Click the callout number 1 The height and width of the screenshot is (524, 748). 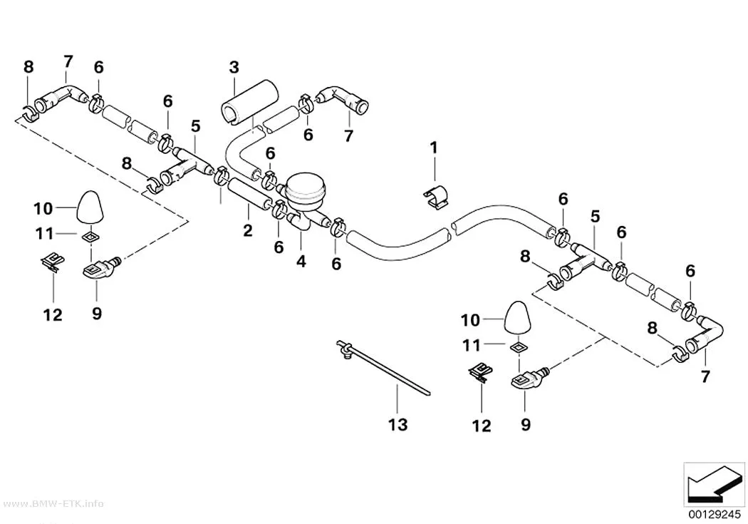tap(434, 148)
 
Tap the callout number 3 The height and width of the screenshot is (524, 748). tap(234, 67)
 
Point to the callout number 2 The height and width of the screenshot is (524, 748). tap(248, 230)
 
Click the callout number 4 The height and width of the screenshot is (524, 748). tap(301, 262)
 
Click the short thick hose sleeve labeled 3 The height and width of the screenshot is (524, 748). tap(250, 103)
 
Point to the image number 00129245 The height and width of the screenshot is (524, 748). tap(715, 515)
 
